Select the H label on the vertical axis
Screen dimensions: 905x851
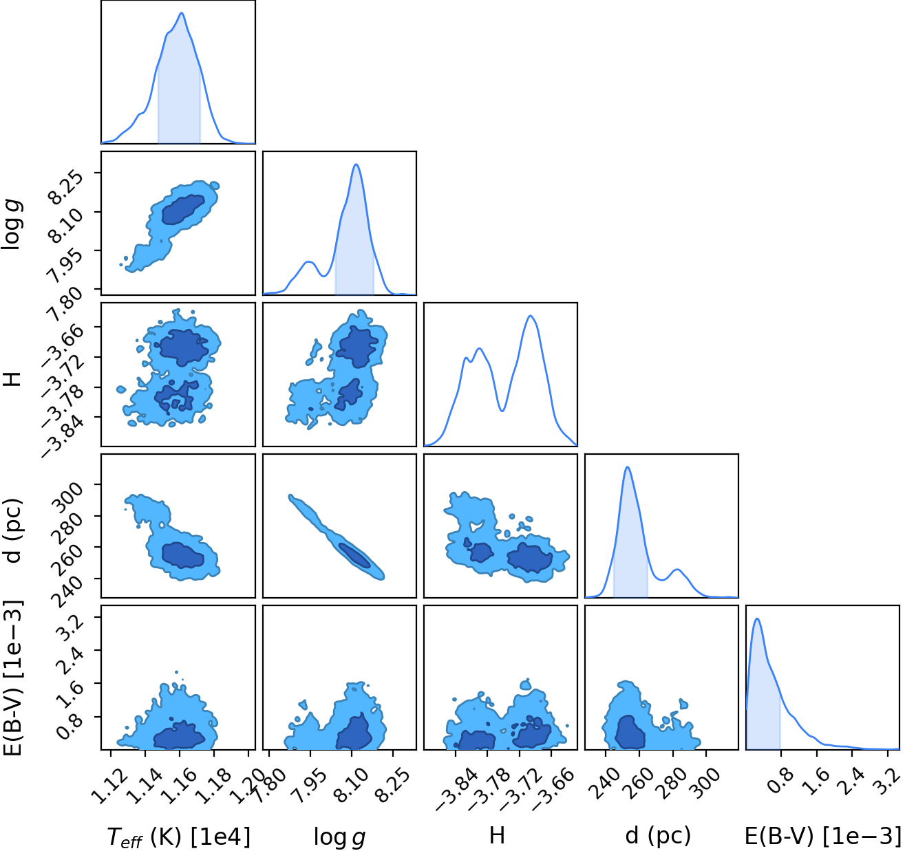click(14, 379)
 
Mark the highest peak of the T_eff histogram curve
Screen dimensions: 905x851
click(182, 13)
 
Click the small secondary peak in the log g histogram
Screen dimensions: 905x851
click(309, 262)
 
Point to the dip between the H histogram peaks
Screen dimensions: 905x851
click(502, 411)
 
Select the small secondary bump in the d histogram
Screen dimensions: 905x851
click(677, 570)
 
